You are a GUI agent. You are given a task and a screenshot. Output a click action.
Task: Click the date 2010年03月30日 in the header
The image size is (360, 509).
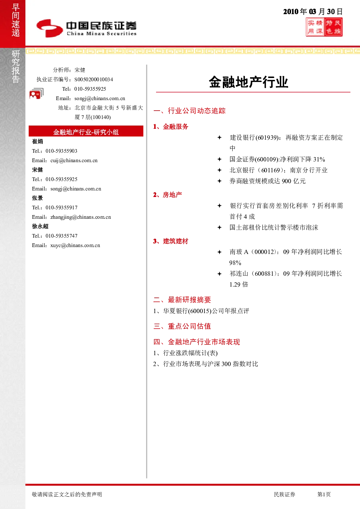(313, 12)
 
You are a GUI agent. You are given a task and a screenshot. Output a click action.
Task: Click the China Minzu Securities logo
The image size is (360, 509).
(86, 28)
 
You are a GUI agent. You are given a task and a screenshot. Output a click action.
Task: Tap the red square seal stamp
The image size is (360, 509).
(324, 27)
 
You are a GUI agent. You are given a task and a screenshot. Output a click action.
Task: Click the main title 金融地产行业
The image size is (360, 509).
(249, 82)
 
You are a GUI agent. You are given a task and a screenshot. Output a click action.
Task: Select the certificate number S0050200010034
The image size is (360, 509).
(94, 79)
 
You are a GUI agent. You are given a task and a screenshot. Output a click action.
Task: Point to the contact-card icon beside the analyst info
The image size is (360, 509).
(36, 93)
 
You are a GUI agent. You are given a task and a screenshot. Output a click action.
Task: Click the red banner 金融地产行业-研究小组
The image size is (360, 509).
(86, 131)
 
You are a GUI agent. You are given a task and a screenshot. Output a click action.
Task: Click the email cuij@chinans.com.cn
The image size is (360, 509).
(74, 160)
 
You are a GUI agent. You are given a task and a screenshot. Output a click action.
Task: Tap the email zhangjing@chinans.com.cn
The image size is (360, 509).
(81, 217)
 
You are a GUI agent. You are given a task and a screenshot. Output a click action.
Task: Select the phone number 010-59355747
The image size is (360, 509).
(61, 236)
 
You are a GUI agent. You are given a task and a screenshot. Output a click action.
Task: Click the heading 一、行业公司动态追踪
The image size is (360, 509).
(189, 111)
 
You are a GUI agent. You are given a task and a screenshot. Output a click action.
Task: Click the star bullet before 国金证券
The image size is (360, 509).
(219, 159)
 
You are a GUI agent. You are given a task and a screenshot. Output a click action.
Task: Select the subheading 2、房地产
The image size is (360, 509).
(168, 195)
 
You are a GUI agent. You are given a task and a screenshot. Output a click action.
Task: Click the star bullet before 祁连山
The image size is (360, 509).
(219, 274)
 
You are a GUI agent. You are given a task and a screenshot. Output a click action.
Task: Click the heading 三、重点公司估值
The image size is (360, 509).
(182, 326)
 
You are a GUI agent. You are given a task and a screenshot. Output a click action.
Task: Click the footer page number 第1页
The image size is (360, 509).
(324, 494)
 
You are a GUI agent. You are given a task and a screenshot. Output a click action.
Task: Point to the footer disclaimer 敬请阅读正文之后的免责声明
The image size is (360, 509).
(67, 494)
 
